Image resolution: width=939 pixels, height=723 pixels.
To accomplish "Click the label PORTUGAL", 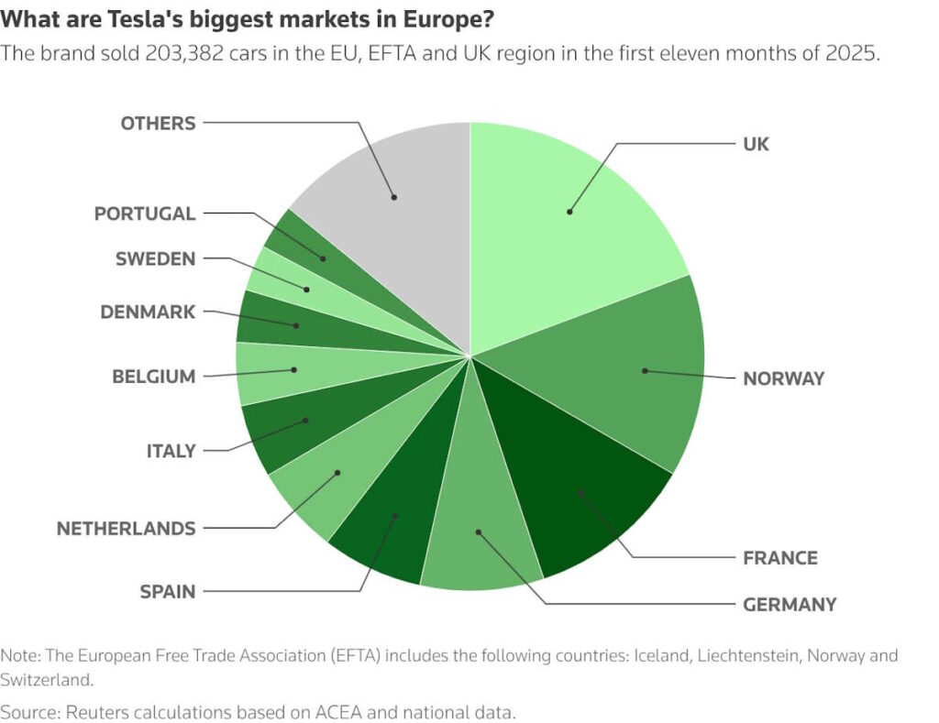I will pos(145,214).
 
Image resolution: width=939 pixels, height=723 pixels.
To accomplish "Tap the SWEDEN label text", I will pos(155,258).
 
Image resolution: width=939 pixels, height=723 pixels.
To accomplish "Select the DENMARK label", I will pos(148,312).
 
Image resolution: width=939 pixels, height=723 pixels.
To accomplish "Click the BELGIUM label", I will pos(153,376).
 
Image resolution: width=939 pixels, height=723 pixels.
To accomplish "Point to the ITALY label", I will pos(171,451).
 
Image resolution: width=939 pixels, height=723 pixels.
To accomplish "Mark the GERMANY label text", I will pos(790,604).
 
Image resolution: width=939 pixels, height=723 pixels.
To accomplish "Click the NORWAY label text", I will pos(783,378).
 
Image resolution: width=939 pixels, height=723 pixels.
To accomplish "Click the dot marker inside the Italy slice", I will pos(305,421).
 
